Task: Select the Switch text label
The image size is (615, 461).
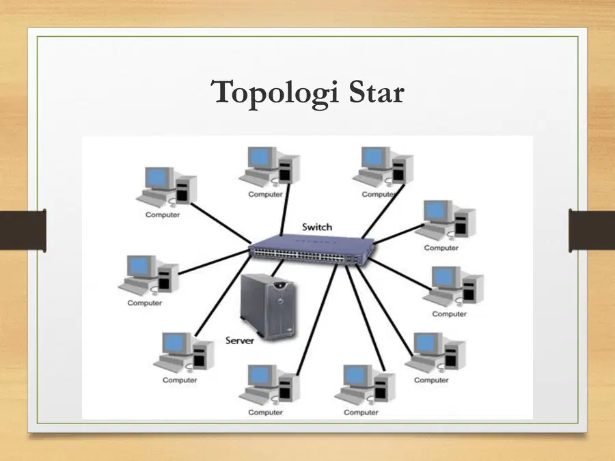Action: (317, 227)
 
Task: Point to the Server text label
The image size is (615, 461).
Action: (240, 340)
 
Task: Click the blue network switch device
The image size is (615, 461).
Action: (312, 249)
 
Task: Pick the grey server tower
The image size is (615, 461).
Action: (269, 306)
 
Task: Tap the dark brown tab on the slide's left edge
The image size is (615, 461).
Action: (23, 231)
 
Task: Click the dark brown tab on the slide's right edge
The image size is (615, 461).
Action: (592, 231)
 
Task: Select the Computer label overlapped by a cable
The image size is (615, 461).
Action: (379, 195)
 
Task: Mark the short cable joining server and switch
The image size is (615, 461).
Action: (277, 268)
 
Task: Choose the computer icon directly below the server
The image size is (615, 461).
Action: (269, 385)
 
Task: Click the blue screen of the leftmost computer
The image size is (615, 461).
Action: (139, 266)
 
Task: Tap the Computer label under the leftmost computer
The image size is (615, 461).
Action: (144, 303)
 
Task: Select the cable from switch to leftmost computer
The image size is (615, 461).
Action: (214, 262)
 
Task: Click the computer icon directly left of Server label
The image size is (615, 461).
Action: (184, 352)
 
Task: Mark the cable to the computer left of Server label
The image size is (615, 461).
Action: (223, 296)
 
